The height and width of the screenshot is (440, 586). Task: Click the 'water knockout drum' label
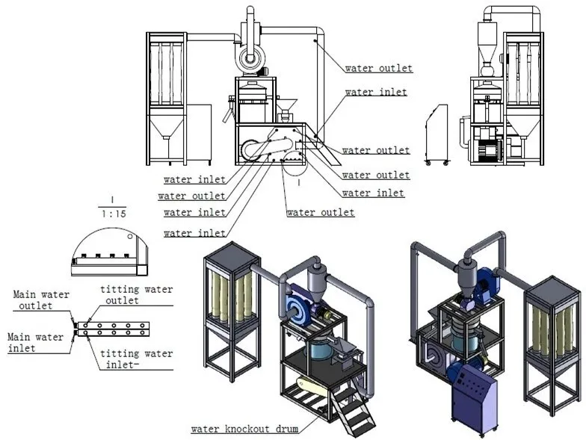pos(244,429)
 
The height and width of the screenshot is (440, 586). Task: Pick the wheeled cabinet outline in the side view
pos(437,134)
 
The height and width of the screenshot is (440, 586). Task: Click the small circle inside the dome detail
pos(131,238)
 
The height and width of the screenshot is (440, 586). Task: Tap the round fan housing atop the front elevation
pos(253,57)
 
